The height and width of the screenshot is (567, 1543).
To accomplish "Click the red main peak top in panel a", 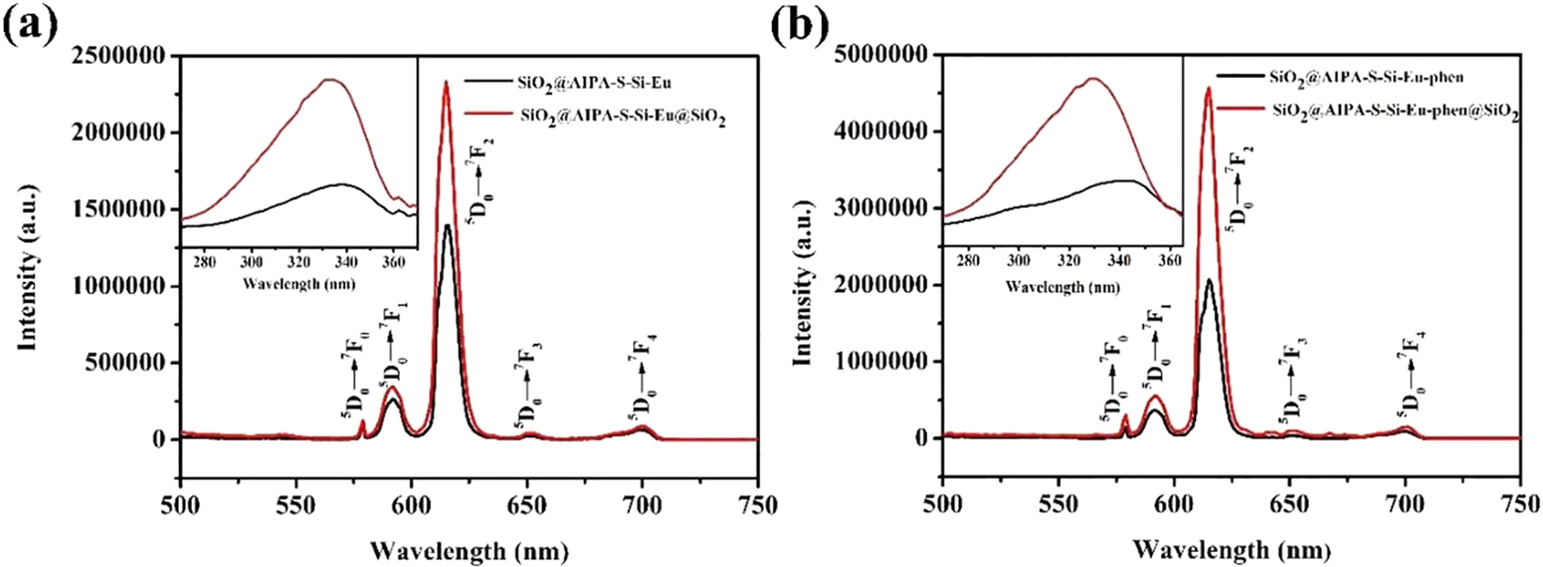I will [x=446, y=82].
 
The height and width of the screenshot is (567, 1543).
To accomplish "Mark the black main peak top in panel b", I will [x=1209, y=280].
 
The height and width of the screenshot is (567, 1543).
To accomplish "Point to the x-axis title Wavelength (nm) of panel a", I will [x=468, y=547].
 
